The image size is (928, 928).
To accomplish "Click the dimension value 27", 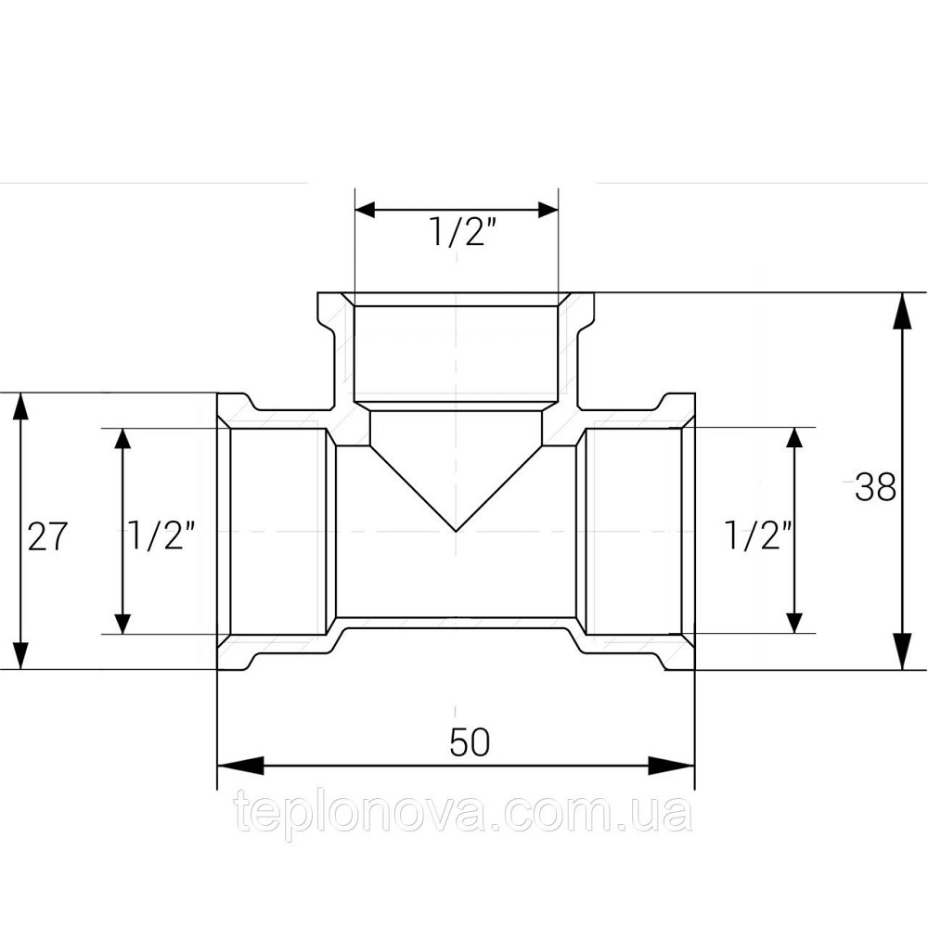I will coord(46,536).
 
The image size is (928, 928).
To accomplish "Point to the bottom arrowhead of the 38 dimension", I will coord(901,651).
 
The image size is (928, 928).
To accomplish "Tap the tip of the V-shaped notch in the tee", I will coord(457,531).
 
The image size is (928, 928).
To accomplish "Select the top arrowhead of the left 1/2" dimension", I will coord(120,447).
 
